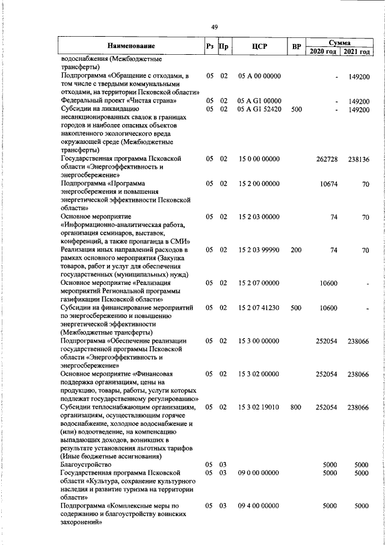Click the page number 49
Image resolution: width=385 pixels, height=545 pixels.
pos(215,26)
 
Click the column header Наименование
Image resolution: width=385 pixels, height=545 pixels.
pos(131,46)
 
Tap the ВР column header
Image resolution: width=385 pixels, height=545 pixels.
pos(296,46)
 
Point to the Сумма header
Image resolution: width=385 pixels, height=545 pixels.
pos(340,42)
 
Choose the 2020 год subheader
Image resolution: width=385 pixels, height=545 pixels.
pos(323,51)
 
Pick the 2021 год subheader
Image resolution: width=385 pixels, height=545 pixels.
pos(357,51)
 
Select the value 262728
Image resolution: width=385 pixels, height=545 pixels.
pos(327,159)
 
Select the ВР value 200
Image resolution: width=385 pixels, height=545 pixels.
pos(296,249)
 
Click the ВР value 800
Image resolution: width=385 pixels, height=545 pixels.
pos(296,408)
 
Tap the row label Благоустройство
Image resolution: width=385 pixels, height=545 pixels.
pos(86,465)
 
